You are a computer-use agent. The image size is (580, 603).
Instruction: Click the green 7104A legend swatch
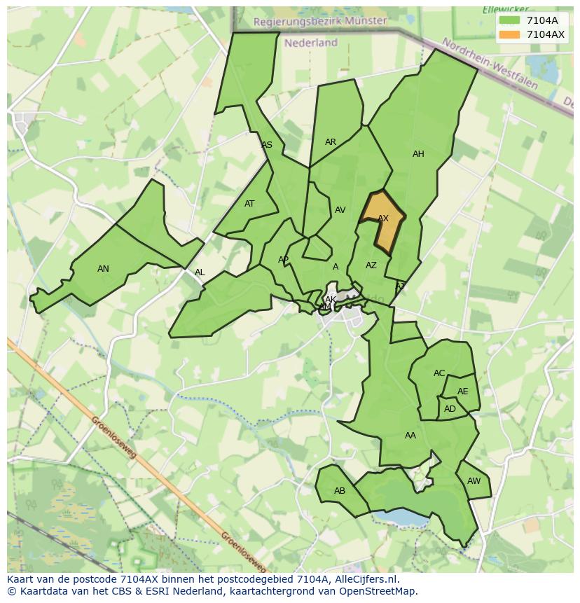pyautogui.click(x=510, y=20)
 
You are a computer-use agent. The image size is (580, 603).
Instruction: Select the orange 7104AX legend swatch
pyautogui.click(x=510, y=34)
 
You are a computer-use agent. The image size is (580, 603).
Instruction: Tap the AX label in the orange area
pyautogui.click(x=383, y=219)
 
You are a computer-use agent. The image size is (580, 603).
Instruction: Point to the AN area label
pyautogui.click(x=103, y=269)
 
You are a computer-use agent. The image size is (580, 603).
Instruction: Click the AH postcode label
pyautogui.click(x=418, y=154)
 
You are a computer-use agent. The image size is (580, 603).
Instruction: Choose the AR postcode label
pyautogui.click(x=331, y=142)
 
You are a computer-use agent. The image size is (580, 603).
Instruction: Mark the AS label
pyautogui.click(x=267, y=146)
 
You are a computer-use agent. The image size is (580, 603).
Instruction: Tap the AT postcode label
pyautogui.click(x=249, y=205)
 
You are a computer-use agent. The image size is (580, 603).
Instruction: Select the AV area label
pyautogui.click(x=340, y=210)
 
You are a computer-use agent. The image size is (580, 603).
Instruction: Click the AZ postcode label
pyautogui.click(x=371, y=265)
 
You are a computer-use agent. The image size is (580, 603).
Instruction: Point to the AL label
pyautogui.click(x=200, y=272)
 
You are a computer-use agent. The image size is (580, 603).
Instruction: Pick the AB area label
pyautogui.click(x=340, y=491)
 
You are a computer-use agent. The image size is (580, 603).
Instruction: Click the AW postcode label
pyautogui.click(x=474, y=481)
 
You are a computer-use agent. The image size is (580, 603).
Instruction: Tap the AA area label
pyautogui.click(x=410, y=436)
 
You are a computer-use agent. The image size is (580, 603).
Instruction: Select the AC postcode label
pyautogui.click(x=439, y=373)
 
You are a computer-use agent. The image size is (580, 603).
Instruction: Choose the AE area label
pyautogui.click(x=462, y=391)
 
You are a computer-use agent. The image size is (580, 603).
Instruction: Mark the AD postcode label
pyautogui.click(x=450, y=409)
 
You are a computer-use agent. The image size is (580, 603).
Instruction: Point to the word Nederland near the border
pyautogui.click(x=311, y=43)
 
